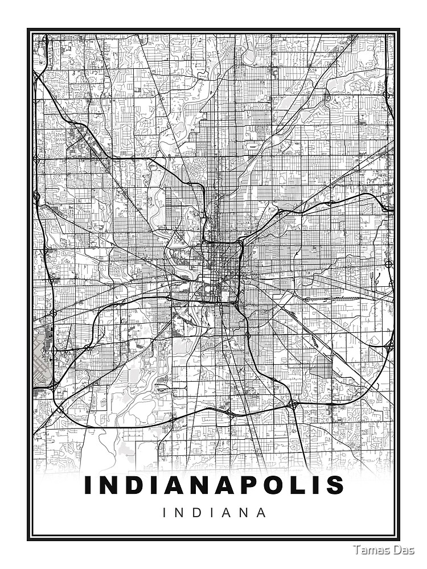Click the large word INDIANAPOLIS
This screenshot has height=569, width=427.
(214, 485)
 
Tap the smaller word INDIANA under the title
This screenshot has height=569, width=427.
(214, 512)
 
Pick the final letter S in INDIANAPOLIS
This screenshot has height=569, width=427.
(335, 485)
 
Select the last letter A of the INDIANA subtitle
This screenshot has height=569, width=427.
(261, 512)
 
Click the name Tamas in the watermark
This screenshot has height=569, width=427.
(371, 550)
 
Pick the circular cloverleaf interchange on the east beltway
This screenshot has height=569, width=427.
(388, 264)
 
